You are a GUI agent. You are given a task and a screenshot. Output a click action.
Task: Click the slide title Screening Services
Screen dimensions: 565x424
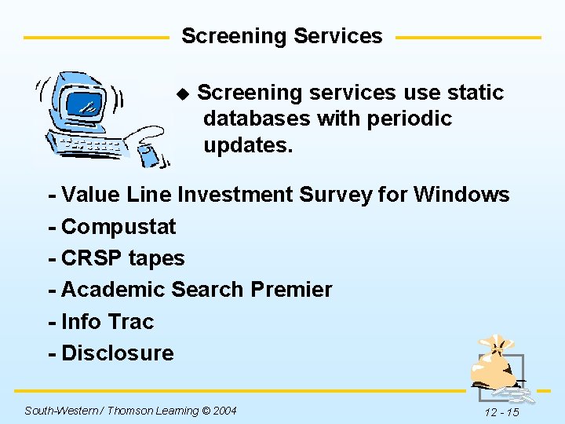(282, 36)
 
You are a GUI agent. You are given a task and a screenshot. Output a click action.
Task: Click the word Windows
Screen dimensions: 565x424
(462, 194)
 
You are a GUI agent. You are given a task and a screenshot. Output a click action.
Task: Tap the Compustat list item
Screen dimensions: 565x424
(118, 227)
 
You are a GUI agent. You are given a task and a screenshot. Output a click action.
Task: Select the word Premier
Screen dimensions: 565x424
(291, 290)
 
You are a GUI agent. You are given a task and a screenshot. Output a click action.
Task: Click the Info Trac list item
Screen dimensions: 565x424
(107, 321)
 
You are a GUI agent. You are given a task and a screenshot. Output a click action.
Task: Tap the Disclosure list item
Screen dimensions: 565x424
(117, 353)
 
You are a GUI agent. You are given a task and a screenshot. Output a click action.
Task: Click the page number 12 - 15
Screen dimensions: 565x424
(501, 412)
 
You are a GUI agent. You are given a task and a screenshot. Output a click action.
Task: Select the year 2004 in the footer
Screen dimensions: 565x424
(224, 411)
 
